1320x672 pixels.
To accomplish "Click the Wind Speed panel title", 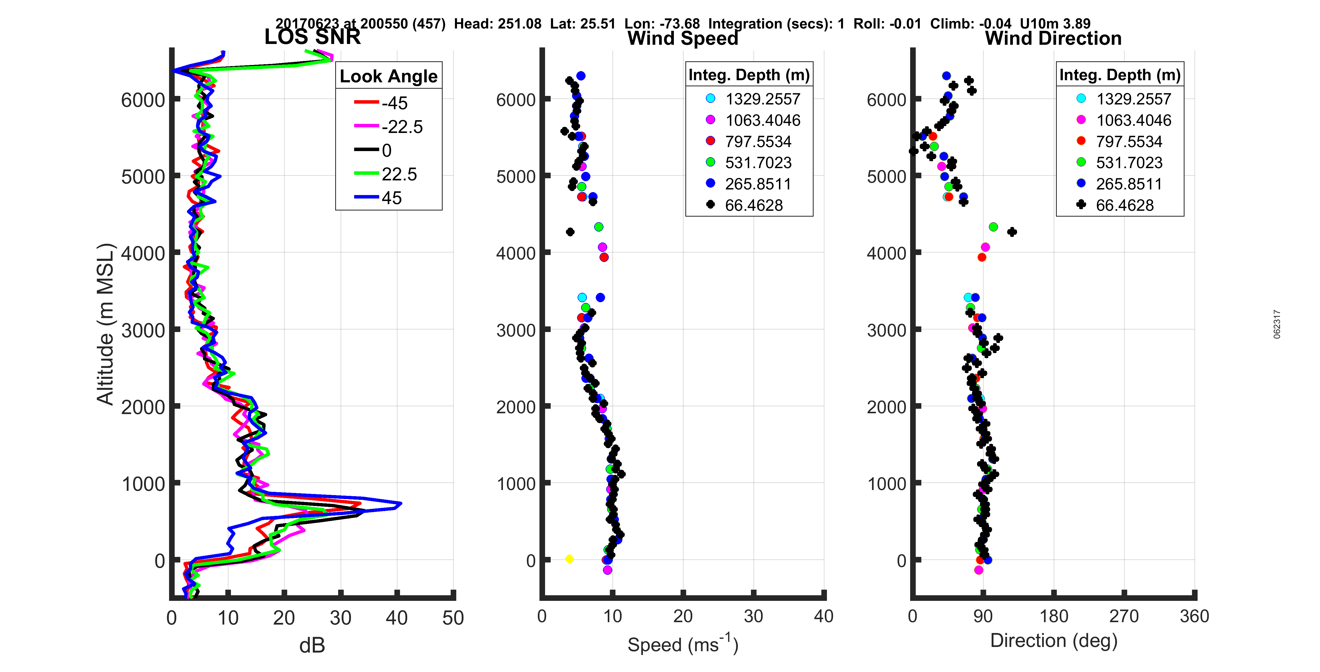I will (x=683, y=38).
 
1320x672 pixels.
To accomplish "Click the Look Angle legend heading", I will (x=389, y=76).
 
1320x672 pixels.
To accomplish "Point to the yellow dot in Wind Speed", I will (x=569, y=559).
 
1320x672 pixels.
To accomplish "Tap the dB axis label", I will (x=312, y=645).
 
